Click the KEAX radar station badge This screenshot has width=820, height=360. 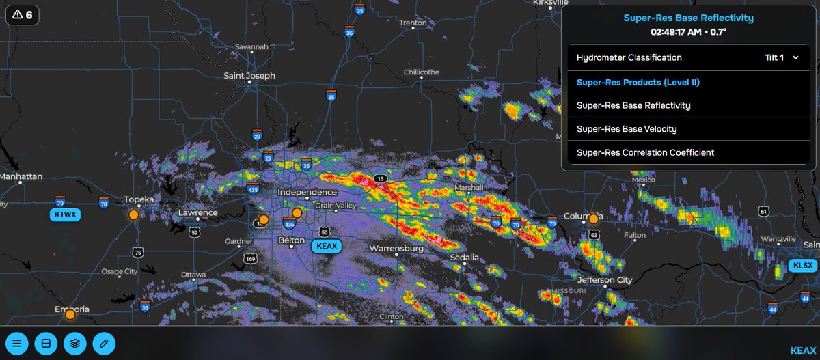326,246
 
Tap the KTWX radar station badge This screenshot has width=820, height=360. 65,215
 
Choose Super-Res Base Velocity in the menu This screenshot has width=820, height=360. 627,128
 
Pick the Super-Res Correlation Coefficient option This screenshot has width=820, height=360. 645,152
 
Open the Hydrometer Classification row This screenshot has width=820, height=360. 629,57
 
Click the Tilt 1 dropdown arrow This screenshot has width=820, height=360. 795,58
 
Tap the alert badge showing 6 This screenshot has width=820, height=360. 23,15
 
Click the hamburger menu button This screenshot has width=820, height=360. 18,343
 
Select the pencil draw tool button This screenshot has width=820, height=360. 104,343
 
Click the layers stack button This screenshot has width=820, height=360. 75,343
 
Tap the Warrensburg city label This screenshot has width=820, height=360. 396,249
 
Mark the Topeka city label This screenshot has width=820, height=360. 139,199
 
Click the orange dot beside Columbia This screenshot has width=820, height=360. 594,219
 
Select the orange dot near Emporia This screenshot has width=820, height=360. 70,314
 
